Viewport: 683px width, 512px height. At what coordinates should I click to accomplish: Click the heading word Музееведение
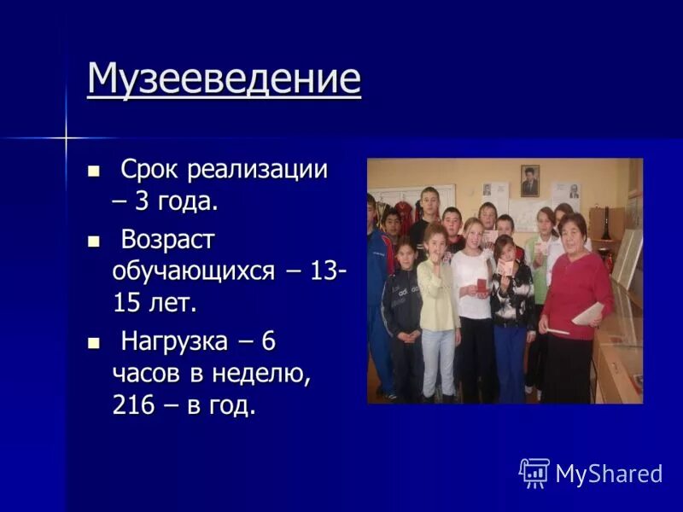pyautogui.click(x=224, y=79)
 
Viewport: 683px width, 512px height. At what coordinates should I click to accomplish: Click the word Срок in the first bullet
pyautogui.click(x=150, y=169)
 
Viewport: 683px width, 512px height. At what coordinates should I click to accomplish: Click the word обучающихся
pyautogui.click(x=193, y=272)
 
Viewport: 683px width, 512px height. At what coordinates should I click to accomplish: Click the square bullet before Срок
pyautogui.click(x=94, y=170)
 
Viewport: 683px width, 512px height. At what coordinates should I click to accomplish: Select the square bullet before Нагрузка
pyautogui.click(x=94, y=342)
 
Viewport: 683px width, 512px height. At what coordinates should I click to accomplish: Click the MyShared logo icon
pyautogui.click(x=534, y=473)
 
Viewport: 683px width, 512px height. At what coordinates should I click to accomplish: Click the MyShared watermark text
pyautogui.click(x=609, y=474)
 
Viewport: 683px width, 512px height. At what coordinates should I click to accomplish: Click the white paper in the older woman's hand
pyautogui.click(x=588, y=313)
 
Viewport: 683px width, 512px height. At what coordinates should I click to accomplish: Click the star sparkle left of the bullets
pyautogui.click(x=66, y=137)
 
